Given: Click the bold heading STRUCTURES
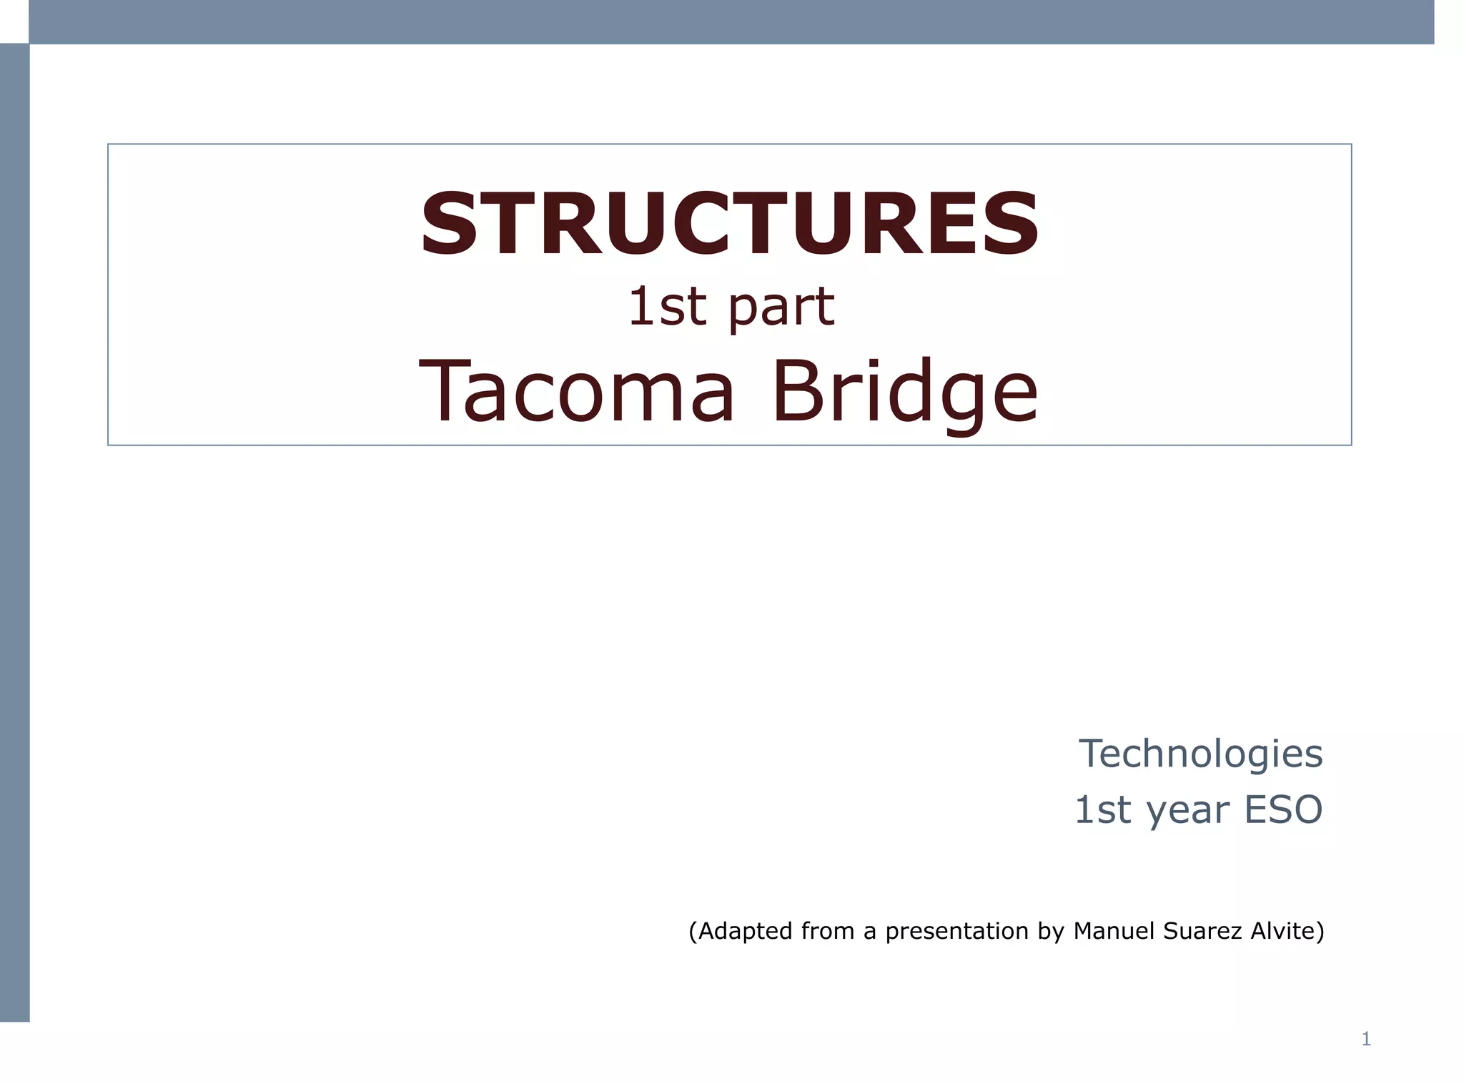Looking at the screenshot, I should coord(729,224).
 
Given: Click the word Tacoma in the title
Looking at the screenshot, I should coord(576,391).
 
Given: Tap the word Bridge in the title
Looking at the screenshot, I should coord(904,391).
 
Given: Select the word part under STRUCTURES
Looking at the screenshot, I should coord(781,307).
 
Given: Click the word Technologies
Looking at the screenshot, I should coord(1200,754).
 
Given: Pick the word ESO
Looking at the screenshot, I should coord(1283,809).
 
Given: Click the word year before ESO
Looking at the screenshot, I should coord(1187,811).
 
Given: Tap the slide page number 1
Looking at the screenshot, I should coord(1366,1039).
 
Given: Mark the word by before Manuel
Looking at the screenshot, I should coord(1051,931).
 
